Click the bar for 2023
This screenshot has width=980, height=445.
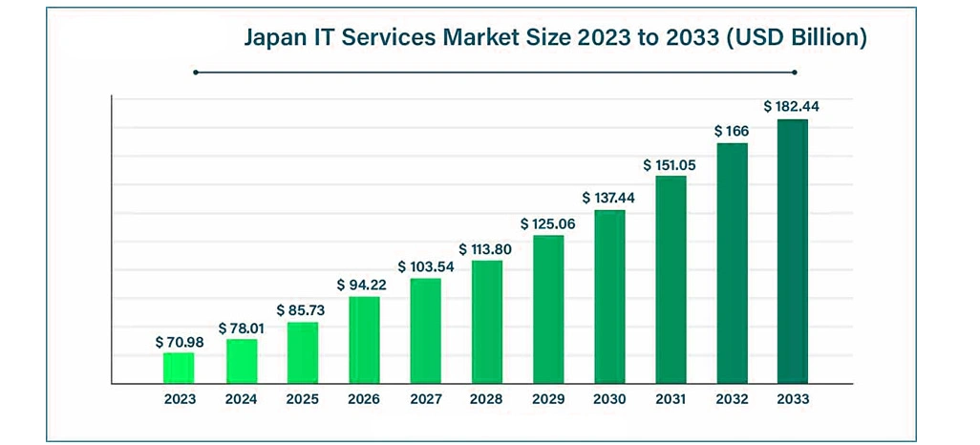pyautogui.click(x=179, y=368)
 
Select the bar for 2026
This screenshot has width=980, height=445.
pyautogui.click(x=364, y=340)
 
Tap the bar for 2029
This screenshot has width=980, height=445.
pyautogui.click(x=548, y=309)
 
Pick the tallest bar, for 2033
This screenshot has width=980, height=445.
pyautogui.click(x=793, y=251)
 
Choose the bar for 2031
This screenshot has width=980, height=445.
pyautogui.click(x=671, y=279)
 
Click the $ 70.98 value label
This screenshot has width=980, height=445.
pyautogui.click(x=179, y=342)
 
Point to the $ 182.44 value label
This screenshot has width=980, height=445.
pyautogui.click(x=791, y=107)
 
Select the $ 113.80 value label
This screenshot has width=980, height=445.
pyautogui.click(x=487, y=249)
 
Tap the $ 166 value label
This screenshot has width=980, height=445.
pyautogui.click(x=732, y=131)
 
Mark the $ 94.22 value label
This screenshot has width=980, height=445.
pyautogui.click(x=364, y=285)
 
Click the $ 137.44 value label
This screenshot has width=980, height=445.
pyautogui.click(x=609, y=198)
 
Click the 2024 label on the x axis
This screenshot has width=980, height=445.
pyautogui.click(x=241, y=399)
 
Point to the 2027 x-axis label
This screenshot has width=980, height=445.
pyautogui.click(x=425, y=399)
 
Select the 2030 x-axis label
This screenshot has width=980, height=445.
pyautogui.click(x=609, y=399)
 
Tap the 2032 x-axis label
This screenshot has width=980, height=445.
pyautogui.click(x=732, y=399)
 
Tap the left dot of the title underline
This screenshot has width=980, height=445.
pyautogui.click(x=195, y=72)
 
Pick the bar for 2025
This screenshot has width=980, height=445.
pyautogui.click(x=303, y=352)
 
